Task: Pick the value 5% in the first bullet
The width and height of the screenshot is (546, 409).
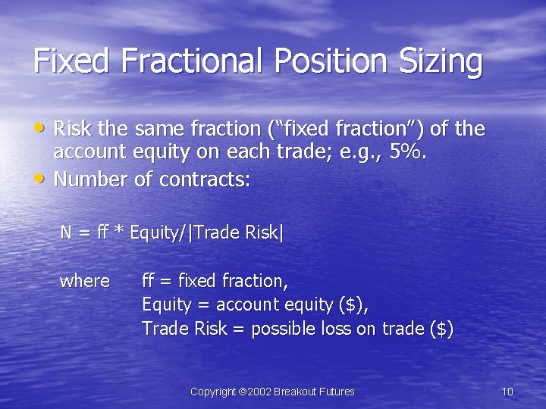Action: click(x=409, y=152)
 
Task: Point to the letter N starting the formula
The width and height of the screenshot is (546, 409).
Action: click(x=67, y=233)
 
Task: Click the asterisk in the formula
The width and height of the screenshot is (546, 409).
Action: click(x=119, y=232)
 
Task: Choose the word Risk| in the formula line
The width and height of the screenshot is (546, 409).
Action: click(x=265, y=233)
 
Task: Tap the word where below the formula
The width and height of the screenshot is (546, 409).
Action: click(x=84, y=281)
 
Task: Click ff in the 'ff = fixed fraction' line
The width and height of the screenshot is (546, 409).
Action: click(x=149, y=281)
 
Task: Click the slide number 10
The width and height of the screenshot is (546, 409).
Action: click(x=507, y=392)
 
